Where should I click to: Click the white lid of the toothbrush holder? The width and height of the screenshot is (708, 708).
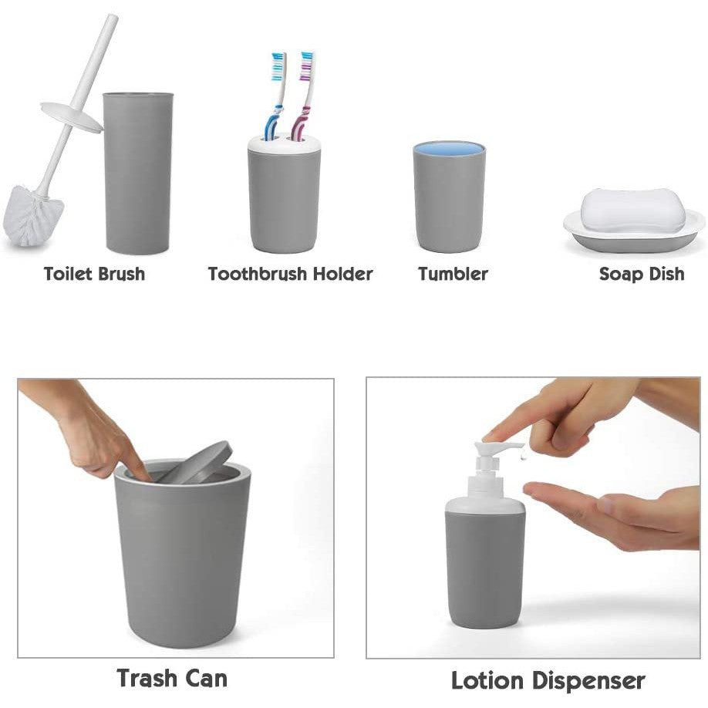point(284,145)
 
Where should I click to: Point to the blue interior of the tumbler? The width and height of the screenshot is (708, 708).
point(449,147)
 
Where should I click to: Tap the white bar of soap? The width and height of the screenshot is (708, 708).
point(632,209)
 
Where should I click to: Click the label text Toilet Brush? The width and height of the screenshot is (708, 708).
point(94,274)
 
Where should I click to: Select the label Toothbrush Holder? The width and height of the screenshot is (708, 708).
point(290,274)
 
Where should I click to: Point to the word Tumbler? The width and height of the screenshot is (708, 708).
point(453,274)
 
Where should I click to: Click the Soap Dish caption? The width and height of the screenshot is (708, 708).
point(642,274)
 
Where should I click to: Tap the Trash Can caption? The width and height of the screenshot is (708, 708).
point(172,678)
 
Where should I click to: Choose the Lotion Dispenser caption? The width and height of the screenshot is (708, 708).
point(548,681)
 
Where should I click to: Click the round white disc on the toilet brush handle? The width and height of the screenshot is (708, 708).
point(71,116)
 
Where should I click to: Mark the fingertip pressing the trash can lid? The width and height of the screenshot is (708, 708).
point(142,474)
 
